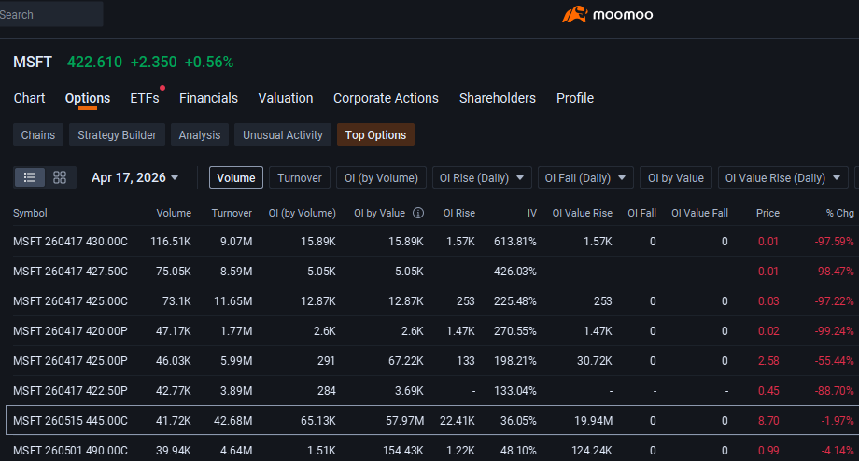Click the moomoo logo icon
(574, 14)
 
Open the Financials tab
(208, 98)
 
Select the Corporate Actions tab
(386, 98)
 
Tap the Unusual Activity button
(283, 134)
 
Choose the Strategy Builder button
(117, 134)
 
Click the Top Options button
(375, 134)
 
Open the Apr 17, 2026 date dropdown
(134, 177)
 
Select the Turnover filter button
(299, 177)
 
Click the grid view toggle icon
(60, 177)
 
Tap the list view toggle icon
(30, 177)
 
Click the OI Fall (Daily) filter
(585, 177)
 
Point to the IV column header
(531, 213)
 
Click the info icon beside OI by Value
(418, 213)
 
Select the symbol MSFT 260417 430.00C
(70, 242)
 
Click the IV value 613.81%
(515, 242)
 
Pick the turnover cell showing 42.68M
(232, 421)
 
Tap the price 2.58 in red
(768, 361)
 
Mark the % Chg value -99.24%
(834, 331)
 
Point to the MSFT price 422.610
(94, 62)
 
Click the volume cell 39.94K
(173, 451)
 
